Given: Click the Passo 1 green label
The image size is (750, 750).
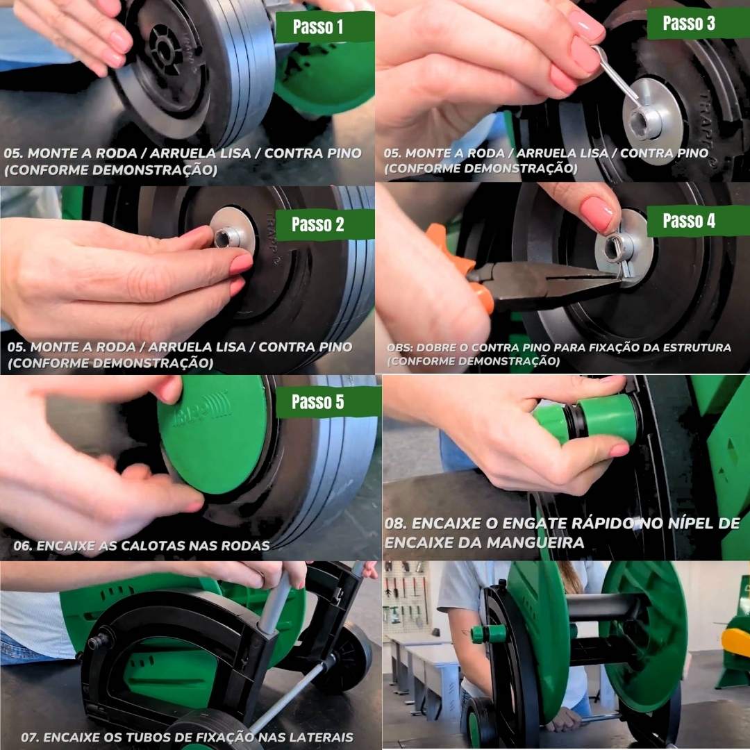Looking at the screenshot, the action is click(325, 27).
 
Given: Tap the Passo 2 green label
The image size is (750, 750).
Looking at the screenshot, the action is click(325, 224).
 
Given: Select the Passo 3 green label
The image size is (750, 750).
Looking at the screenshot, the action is click(698, 23).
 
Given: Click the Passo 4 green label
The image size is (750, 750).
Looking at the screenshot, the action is click(698, 221).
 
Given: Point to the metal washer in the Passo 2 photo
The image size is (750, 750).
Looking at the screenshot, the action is click(233, 233).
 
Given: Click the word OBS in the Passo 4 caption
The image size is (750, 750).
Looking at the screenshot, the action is click(397, 348).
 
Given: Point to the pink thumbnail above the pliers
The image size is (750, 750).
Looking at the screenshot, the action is click(597, 213).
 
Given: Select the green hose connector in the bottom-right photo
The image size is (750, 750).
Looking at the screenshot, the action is click(488, 633).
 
